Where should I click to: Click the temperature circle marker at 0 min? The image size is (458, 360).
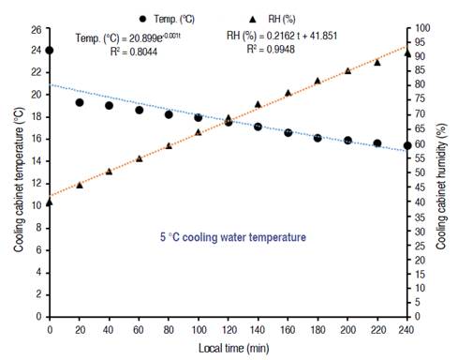(50, 51)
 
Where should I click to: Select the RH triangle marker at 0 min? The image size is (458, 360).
(50, 202)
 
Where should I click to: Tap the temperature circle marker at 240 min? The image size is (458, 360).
(407, 145)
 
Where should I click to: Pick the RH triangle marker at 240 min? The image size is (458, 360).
(407, 52)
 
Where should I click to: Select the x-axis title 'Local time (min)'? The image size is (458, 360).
(228, 350)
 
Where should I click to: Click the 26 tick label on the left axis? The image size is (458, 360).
(35, 29)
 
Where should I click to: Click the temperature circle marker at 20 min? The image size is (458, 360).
(80, 102)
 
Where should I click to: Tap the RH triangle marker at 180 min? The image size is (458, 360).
(318, 81)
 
